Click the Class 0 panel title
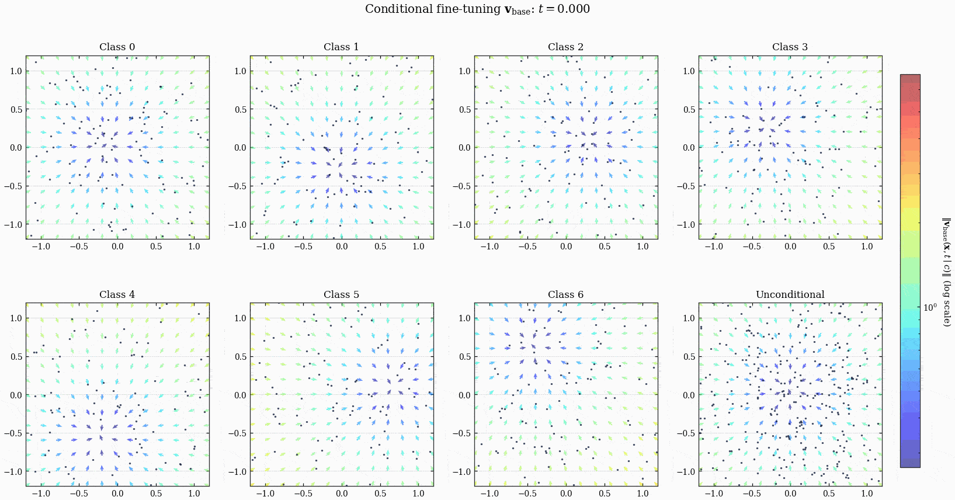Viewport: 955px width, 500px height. [x=117, y=47]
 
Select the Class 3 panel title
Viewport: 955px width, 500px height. [x=790, y=47]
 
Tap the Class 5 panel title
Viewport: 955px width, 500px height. [x=341, y=294]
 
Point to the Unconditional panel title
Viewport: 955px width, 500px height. [x=790, y=294]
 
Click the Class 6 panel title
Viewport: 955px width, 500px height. [x=565, y=294]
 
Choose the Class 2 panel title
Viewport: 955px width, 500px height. [x=565, y=47]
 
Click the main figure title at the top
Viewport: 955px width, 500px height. [x=477, y=9]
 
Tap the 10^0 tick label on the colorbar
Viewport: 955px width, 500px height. [x=930, y=307]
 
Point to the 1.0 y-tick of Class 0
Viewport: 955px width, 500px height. [x=15, y=71]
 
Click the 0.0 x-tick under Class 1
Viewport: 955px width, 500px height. [x=342, y=246]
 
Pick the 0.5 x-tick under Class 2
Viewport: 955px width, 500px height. [x=605, y=246]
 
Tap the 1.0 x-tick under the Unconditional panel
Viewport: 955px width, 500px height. [x=867, y=494]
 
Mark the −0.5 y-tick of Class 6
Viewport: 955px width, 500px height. [x=461, y=433]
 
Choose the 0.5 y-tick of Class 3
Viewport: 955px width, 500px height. [x=689, y=110]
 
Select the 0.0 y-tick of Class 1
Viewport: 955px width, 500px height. [x=240, y=148]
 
